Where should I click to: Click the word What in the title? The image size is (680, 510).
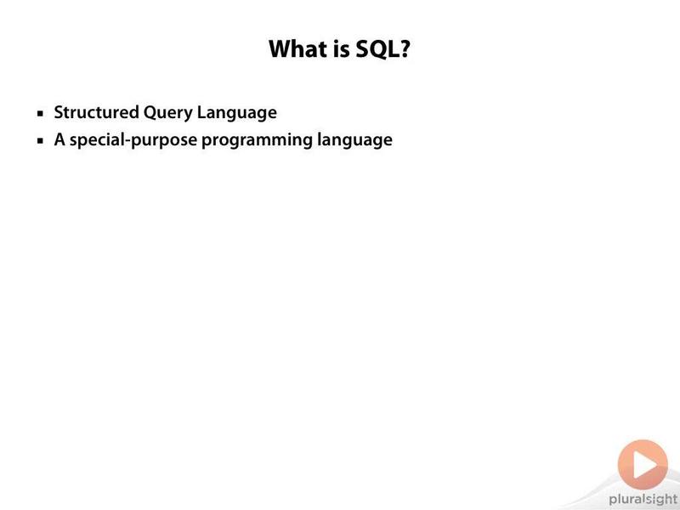click(298, 48)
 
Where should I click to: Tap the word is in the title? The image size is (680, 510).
click(342, 48)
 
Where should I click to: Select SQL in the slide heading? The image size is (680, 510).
click(375, 49)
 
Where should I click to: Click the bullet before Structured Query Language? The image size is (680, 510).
click(40, 114)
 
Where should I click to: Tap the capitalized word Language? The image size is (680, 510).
click(237, 113)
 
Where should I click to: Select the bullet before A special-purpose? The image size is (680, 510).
click(40, 140)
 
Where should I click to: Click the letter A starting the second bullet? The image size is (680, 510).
click(59, 139)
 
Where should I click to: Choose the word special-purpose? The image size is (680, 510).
click(133, 140)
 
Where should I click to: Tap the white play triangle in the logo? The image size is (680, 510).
click(643, 464)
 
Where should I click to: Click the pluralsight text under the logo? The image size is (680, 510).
click(643, 499)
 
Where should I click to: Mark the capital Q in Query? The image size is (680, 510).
click(150, 113)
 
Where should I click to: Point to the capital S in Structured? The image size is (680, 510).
click(59, 112)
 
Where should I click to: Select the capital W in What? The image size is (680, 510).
click(281, 48)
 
